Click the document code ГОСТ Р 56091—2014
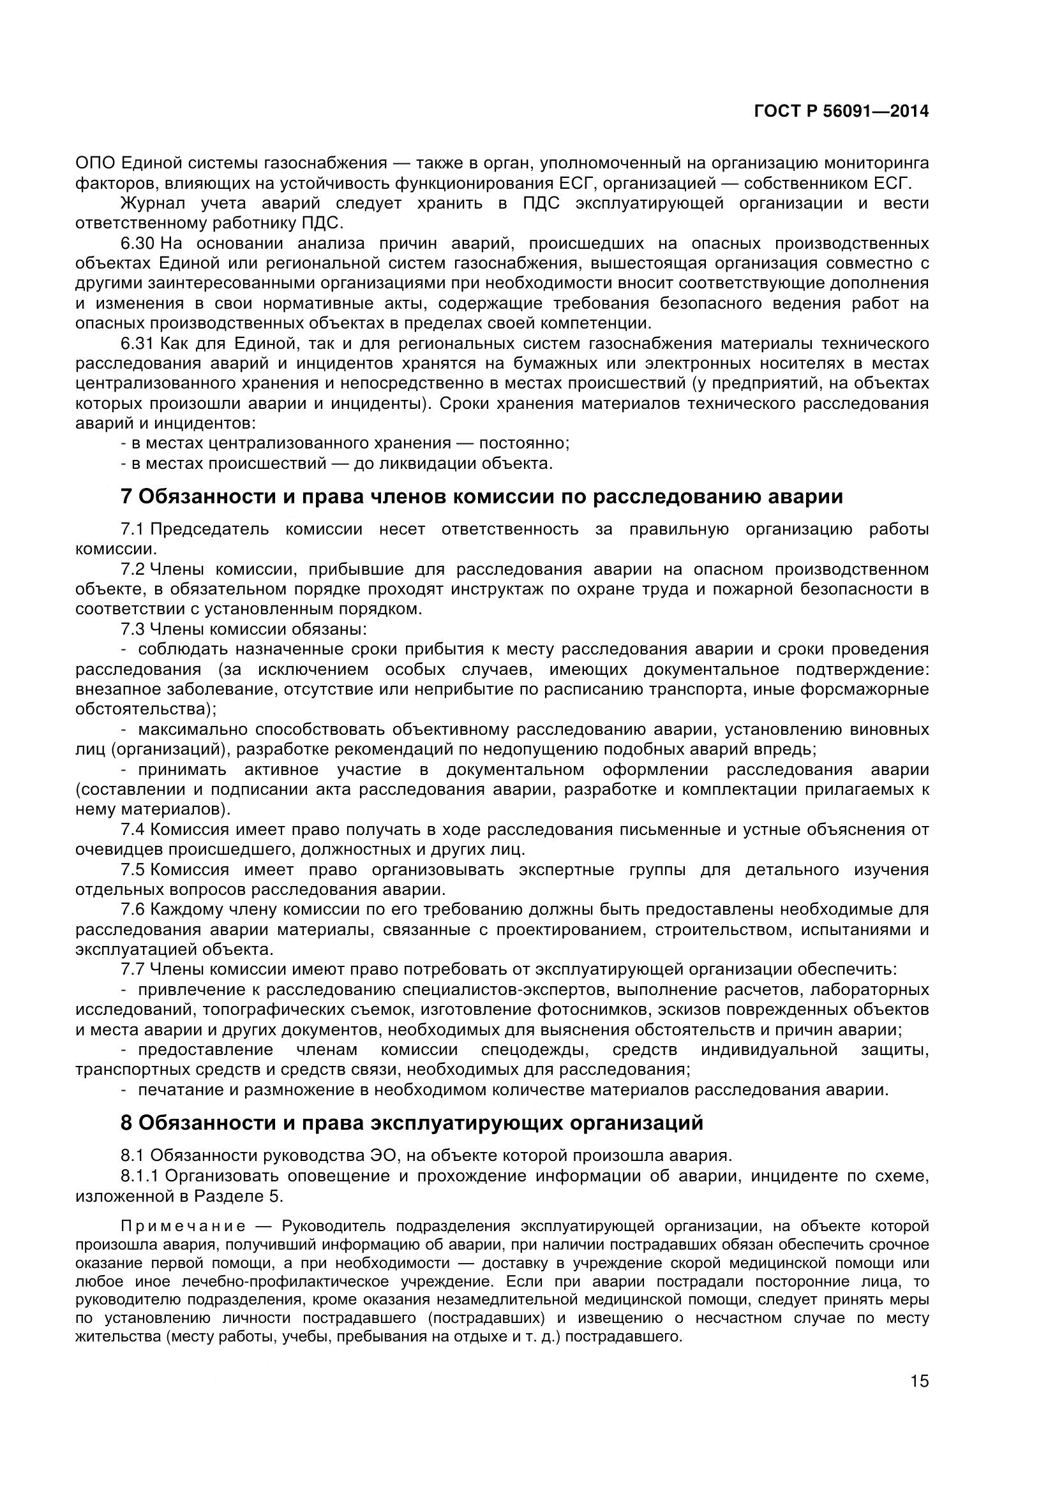point(841,112)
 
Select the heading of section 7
point(482,496)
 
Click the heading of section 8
point(412,1122)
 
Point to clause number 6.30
point(137,244)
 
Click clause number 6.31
point(137,344)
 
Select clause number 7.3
point(133,629)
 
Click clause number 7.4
point(133,830)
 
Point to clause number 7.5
point(133,870)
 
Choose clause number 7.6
point(133,910)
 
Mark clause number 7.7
point(133,970)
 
